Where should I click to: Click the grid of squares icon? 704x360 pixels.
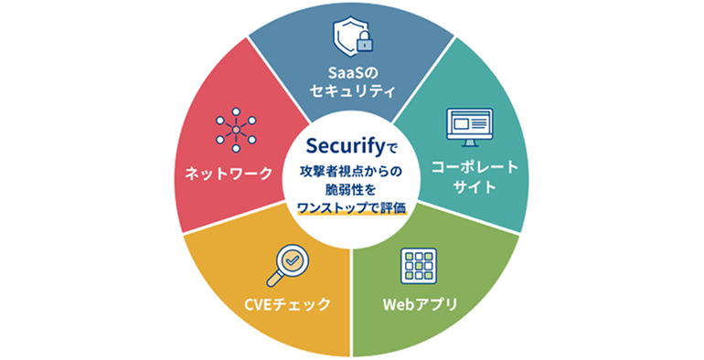[419, 266]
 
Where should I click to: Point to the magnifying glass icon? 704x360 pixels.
[287, 265]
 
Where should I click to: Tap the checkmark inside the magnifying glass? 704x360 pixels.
[293, 259]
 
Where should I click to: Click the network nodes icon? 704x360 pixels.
[236, 130]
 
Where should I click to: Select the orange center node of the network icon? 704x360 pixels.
[236, 130]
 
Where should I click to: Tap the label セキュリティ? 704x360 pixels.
[352, 91]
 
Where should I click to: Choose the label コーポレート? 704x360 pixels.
[475, 167]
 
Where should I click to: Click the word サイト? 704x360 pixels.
[475, 186]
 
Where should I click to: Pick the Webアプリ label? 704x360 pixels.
[420, 305]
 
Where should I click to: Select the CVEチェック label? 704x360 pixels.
[287, 304]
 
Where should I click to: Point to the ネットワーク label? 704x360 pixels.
[229, 174]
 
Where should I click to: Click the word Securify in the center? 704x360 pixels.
[346, 146]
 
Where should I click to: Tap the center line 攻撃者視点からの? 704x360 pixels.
[352, 171]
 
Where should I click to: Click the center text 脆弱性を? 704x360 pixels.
[352, 189]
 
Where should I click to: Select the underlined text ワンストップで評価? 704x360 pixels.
[352, 208]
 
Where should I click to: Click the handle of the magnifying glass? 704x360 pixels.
[273, 280]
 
